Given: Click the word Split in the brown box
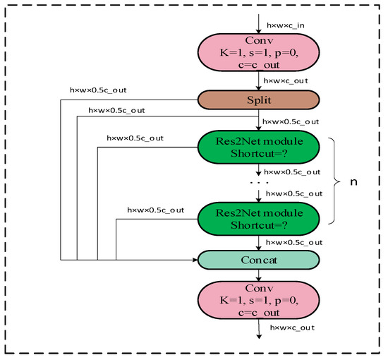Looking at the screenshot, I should point(258,100).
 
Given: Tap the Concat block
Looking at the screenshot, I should point(258,260).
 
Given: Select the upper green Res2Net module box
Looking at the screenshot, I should point(258,147).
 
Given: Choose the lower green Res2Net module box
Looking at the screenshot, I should point(258,217).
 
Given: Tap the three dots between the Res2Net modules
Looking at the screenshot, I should point(258,182).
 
